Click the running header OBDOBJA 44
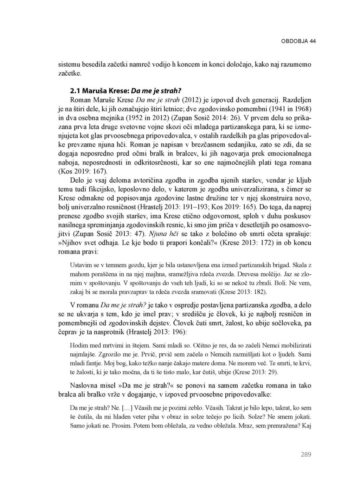298,41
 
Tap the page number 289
306,455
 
